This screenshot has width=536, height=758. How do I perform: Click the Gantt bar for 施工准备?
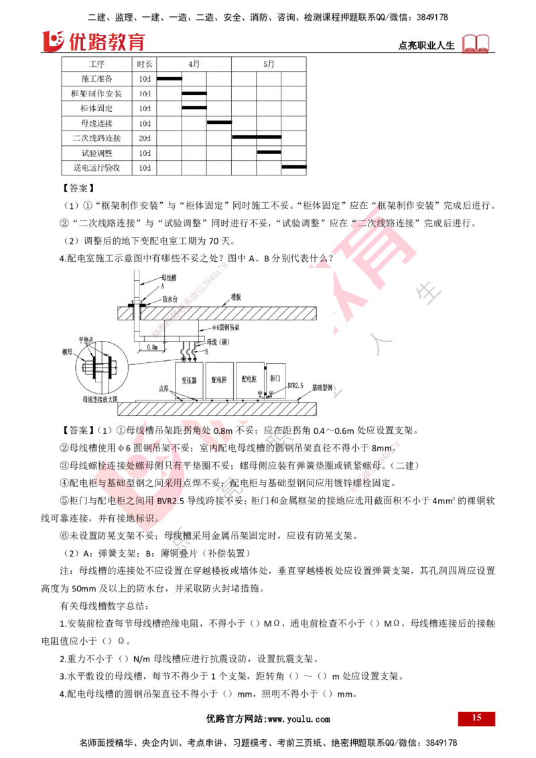coord(169,78)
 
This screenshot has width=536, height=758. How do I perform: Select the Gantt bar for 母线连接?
coord(219,123)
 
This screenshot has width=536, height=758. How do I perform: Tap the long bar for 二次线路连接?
coord(257,137)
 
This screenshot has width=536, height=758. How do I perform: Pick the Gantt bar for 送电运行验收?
coord(294,167)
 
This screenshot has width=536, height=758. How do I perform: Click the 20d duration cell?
coord(145,138)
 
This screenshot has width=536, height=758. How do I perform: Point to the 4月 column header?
coord(194,64)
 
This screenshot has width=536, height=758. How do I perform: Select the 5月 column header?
coord(269,64)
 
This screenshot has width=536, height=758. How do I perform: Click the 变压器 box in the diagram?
coord(188,379)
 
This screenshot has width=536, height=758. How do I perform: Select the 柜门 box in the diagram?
coord(274,378)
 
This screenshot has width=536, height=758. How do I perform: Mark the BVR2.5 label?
coord(296,386)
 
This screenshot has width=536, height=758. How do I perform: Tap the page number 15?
coord(476,718)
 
